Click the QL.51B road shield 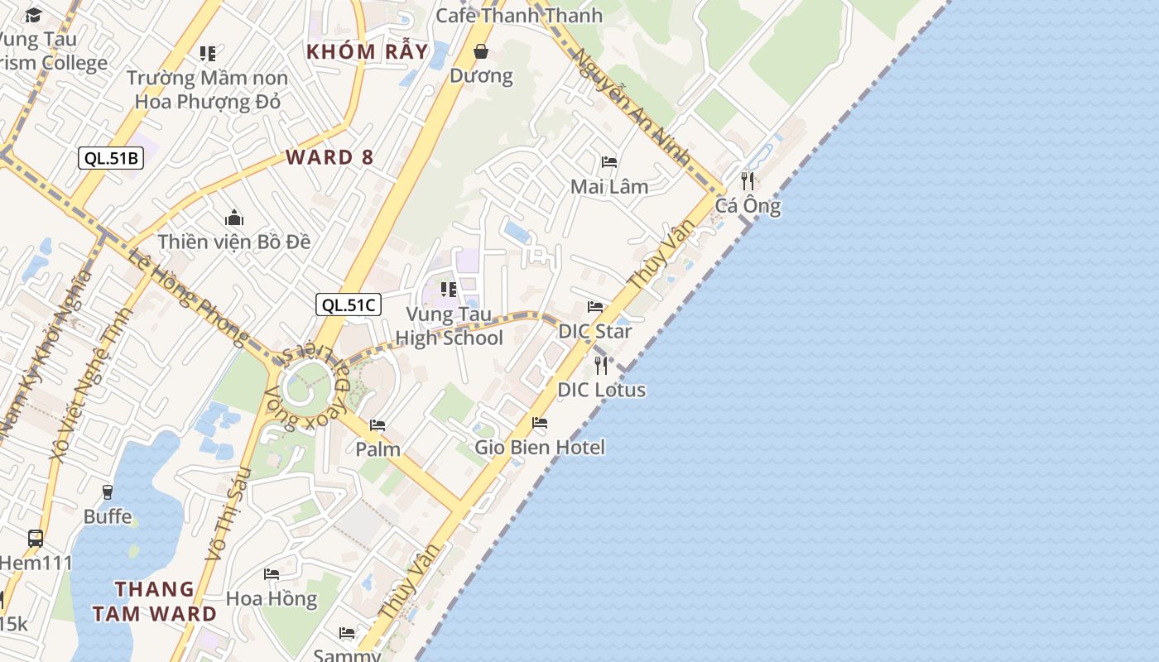click(111, 158)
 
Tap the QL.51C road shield click(349, 305)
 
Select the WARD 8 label click(329, 157)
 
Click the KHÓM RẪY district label click(368, 51)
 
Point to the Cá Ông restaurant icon click(748, 180)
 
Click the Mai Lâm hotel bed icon click(609, 161)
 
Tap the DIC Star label click(595, 331)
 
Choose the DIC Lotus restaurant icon click(602, 364)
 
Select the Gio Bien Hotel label click(540, 447)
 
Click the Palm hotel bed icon click(378, 425)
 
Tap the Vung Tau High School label click(449, 326)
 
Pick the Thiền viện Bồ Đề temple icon click(234, 218)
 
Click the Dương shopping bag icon click(480, 52)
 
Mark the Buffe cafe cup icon click(107, 492)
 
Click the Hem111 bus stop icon click(36, 538)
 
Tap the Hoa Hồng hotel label click(272, 598)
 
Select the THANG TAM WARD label click(155, 602)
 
